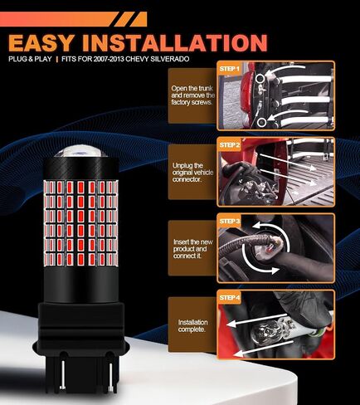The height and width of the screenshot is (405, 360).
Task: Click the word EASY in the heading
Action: [x=41, y=43]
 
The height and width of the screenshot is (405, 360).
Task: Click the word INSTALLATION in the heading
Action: [x=175, y=43]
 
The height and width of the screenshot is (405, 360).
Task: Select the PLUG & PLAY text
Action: [x=30, y=59]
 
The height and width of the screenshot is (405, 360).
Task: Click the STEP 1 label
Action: [x=229, y=69]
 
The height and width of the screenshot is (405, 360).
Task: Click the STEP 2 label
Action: [x=230, y=145]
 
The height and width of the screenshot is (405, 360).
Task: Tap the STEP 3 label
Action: [x=230, y=222]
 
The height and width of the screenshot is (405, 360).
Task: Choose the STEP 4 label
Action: [x=230, y=298]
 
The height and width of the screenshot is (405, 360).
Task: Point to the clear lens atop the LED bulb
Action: [x=80, y=151]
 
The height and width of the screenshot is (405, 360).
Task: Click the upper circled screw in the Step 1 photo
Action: [x=260, y=79]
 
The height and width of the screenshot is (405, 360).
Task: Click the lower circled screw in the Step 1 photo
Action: [x=261, y=122]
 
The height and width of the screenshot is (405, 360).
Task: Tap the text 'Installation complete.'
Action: [x=192, y=326]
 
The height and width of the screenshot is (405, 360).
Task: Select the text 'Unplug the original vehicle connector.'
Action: [x=192, y=173]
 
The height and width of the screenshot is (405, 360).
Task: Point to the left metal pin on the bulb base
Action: [x=63, y=374]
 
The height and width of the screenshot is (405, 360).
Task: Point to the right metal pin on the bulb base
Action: [x=111, y=377]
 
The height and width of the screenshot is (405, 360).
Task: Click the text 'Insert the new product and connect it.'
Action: [x=193, y=249]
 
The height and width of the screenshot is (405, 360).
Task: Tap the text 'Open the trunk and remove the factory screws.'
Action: [x=192, y=95]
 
